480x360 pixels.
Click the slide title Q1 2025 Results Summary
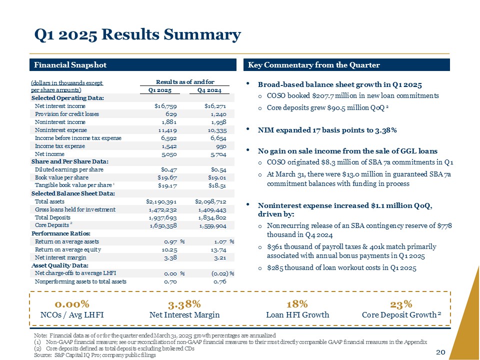[137, 35]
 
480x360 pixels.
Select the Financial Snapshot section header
[70, 65]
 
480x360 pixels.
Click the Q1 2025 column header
[160, 90]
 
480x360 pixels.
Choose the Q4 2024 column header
[209, 90]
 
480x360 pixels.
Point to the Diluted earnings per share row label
[66, 169]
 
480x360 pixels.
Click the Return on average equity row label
[68, 249]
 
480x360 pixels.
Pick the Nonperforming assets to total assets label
[80, 281]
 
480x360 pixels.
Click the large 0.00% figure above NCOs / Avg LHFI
[72, 304]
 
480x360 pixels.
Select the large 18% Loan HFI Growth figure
[297, 304]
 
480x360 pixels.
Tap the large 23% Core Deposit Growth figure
[401, 304]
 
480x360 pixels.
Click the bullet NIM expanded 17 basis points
[327, 130]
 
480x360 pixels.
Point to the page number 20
[440, 352]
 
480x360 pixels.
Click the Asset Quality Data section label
[60, 265]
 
